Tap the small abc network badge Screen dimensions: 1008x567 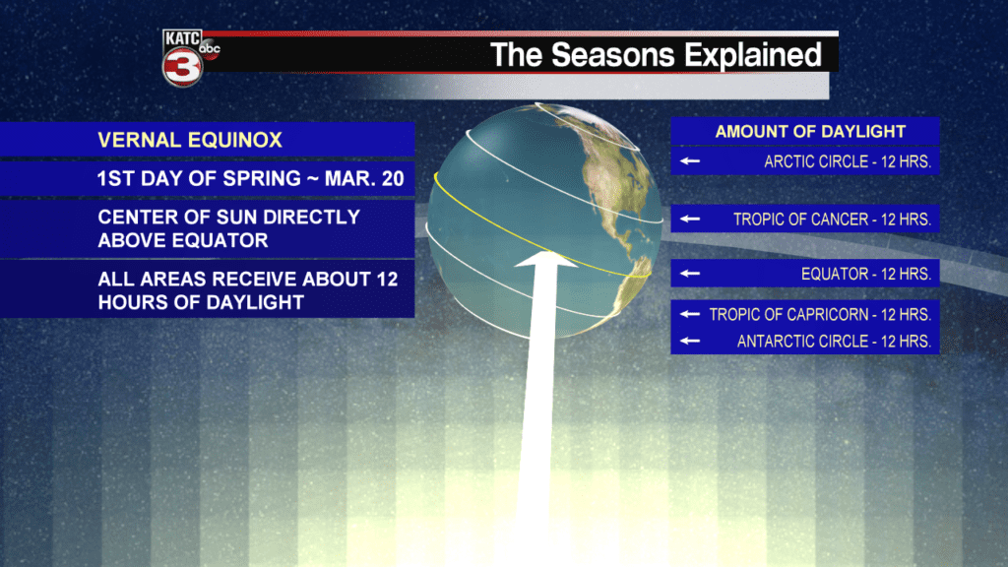coord(210,49)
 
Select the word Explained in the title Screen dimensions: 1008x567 coord(753,56)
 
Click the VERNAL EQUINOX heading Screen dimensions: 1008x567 coord(190,140)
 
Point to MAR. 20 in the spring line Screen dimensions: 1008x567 coord(364,178)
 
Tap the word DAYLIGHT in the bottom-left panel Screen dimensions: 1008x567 coord(260,302)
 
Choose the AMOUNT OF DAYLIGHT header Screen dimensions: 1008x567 coord(810,132)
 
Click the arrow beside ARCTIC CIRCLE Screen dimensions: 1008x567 coord(690,160)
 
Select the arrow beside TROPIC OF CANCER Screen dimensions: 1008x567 coord(690,219)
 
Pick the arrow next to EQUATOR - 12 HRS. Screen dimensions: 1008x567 coord(690,274)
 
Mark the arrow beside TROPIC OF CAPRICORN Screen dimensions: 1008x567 coord(690,314)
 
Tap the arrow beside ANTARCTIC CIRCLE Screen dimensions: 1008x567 coord(690,340)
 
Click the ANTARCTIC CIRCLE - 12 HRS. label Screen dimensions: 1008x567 coord(834,342)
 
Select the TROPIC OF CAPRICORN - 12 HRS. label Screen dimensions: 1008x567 coord(820,314)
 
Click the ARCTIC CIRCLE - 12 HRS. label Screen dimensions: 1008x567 coord(848,162)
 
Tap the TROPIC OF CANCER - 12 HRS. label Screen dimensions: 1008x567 coord(833,220)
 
